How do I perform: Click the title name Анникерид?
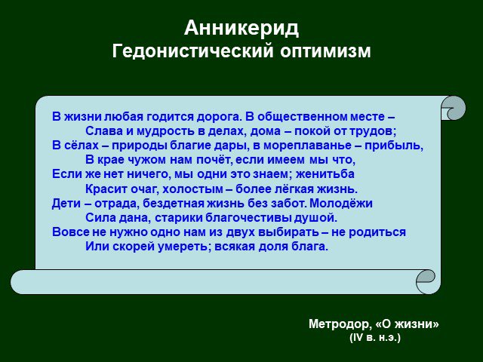click(x=241, y=29)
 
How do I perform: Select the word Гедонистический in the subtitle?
click(x=192, y=51)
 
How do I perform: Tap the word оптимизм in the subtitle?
click(x=325, y=51)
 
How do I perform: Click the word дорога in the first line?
click(x=217, y=117)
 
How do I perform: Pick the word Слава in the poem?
click(x=103, y=131)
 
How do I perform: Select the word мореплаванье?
click(x=307, y=146)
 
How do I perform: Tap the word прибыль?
click(x=394, y=146)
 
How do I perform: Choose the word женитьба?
click(x=325, y=174)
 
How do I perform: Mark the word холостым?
click(x=193, y=189)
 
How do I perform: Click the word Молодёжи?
click(x=340, y=204)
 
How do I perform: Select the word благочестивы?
click(x=248, y=218)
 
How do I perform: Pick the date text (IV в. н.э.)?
click(x=375, y=338)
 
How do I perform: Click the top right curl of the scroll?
click(x=453, y=108)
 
